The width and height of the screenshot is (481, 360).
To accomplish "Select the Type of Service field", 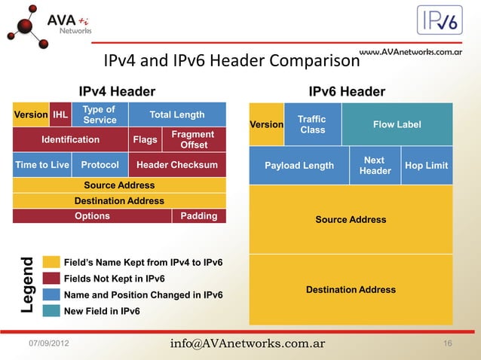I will pyautogui.click(x=100, y=114).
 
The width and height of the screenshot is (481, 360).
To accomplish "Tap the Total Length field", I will pyautogui.click(x=177, y=114).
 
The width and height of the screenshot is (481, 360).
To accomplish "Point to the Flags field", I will pyautogui.click(x=145, y=139).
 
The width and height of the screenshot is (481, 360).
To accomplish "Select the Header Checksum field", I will pyautogui.click(x=177, y=165).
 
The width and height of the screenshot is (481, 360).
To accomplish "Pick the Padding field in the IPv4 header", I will pyautogui.click(x=199, y=216).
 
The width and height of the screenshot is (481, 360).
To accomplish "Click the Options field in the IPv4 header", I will pyautogui.click(x=92, y=216).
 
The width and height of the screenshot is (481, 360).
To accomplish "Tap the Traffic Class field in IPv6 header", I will pyautogui.click(x=312, y=124).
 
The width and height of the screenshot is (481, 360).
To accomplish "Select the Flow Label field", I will pyautogui.click(x=397, y=124).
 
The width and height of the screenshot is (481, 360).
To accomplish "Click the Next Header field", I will pyautogui.click(x=375, y=166).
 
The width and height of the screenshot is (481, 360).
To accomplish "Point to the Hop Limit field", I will pyautogui.click(x=427, y=166).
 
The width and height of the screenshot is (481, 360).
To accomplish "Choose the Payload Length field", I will pyautogui.click(x=299, y=166).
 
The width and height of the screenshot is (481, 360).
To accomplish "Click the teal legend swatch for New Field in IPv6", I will pyautogui.click(x=51, y=310).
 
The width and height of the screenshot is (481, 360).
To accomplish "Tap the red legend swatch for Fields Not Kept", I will pyautogui.click(x=51, y=278).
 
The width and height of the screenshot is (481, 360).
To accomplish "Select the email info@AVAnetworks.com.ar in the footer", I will pyautogui.click(x=247, y=343).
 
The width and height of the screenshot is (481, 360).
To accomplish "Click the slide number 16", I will pyautogui.click(x=448, y=344).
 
